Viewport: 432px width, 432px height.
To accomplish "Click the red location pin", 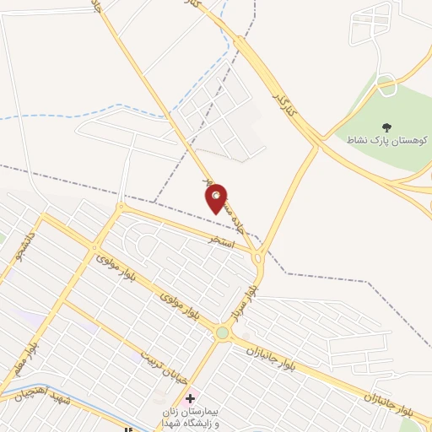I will coord(217,198).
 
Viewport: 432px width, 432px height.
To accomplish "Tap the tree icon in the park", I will coord(386,127).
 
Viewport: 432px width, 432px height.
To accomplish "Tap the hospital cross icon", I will coord(190,397).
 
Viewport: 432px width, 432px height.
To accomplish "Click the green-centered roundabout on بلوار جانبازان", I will coord(223,333).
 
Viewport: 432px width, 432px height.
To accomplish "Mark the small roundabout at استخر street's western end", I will coord(120,207).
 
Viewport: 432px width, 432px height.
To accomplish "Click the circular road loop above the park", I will coord(387,84).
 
